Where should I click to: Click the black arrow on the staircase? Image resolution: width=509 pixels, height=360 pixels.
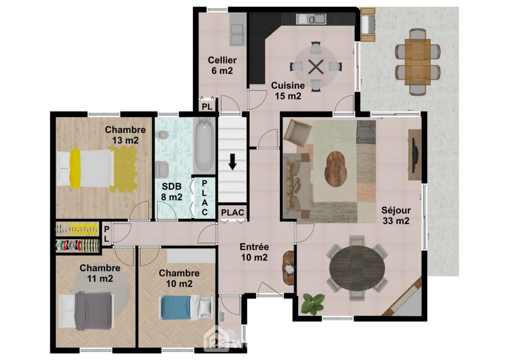click(233, 162)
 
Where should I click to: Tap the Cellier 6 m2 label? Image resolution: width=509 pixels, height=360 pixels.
click(222, 65)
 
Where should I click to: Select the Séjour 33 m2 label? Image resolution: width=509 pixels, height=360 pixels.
click(395, 215)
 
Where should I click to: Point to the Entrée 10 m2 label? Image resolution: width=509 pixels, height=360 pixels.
click(254, 252)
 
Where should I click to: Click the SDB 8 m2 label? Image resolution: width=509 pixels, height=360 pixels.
click(172, 191)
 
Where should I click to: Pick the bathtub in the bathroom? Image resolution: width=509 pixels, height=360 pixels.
click(204, 146)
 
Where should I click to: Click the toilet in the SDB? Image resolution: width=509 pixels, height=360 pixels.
click(162, 135)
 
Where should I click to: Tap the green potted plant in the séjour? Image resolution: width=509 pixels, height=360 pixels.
click(313, 303)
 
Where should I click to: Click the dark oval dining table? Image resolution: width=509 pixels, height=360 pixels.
click(357, 267)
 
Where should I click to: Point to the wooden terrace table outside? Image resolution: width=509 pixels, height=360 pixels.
click(417, 62)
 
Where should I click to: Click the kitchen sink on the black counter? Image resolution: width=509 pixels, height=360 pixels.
click(310, 19)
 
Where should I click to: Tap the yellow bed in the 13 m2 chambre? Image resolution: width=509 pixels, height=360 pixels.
click(86, 169)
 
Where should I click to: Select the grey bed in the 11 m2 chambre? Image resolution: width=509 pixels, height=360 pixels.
click(87, 311)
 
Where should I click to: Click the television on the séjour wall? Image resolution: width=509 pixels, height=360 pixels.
click(415, 155)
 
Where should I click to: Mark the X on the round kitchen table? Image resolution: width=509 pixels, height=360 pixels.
click(315, 67)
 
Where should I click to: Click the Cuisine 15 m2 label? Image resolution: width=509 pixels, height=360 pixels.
click(288, 91)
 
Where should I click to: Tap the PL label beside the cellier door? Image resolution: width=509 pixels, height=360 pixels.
click(207, 106)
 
